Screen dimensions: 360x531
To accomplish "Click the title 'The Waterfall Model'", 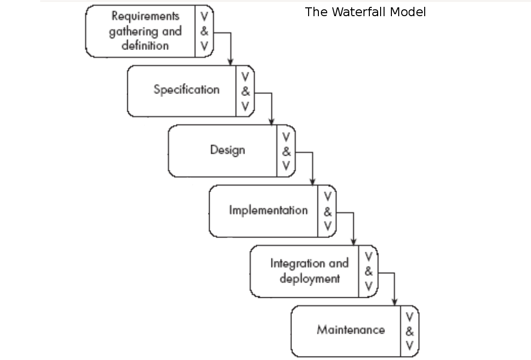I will click(365, 12).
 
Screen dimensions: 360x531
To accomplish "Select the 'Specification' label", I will click(186, 90).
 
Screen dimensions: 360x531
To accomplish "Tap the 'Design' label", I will click(227, 150).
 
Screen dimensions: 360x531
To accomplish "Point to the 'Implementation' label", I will click(268, 211).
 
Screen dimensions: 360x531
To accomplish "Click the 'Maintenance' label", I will click(351, 330).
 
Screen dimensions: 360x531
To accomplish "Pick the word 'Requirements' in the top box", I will click(145, 16).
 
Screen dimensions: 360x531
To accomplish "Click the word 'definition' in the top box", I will click(145, 46).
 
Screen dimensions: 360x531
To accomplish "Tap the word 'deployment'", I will click(310, 279).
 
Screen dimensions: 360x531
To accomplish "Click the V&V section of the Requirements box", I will click(204, 32).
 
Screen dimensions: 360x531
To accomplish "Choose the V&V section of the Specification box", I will click(245, 91).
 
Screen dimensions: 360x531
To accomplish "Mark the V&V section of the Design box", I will click(287, 151).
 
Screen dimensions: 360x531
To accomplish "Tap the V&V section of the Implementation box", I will click(328, 212).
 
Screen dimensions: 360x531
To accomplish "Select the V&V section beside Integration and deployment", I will click(369, 271).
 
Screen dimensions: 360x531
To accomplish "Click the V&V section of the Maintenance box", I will click(410, 332).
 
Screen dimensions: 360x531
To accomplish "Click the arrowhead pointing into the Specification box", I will click(231, 62).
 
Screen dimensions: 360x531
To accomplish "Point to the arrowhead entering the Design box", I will click(272, 122).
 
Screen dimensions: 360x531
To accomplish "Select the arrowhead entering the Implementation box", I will click(313, 182).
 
